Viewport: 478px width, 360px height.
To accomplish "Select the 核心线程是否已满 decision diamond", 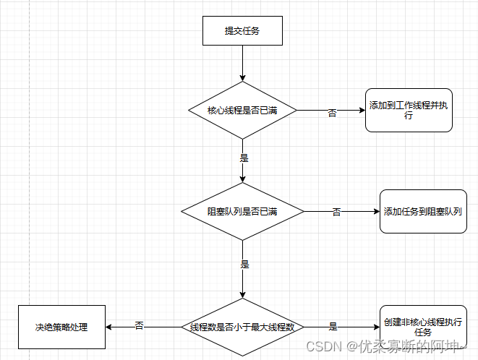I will tap(242, 111).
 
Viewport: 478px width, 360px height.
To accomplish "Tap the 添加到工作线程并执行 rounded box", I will tap(409, 111).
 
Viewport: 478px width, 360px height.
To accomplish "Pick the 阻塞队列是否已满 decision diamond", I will tap(242, 211).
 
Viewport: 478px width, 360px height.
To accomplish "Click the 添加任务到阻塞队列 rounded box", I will tap(422, 211).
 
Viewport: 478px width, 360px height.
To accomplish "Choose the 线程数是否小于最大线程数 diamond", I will tap(242, 327).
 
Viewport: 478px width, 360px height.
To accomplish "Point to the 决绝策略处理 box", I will tap(61, 327).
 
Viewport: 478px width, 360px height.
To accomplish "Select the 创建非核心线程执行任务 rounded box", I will tap(422, 327).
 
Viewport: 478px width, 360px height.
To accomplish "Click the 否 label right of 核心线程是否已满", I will tap(333, 113).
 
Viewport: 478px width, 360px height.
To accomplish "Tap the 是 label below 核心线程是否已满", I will tap(244, 156).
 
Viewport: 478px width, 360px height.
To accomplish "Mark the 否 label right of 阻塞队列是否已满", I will tap(336, 212).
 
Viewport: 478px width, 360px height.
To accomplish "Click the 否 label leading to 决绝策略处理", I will tap(140, 327).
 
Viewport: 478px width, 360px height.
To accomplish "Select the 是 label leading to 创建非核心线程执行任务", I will tap(333, 327).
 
